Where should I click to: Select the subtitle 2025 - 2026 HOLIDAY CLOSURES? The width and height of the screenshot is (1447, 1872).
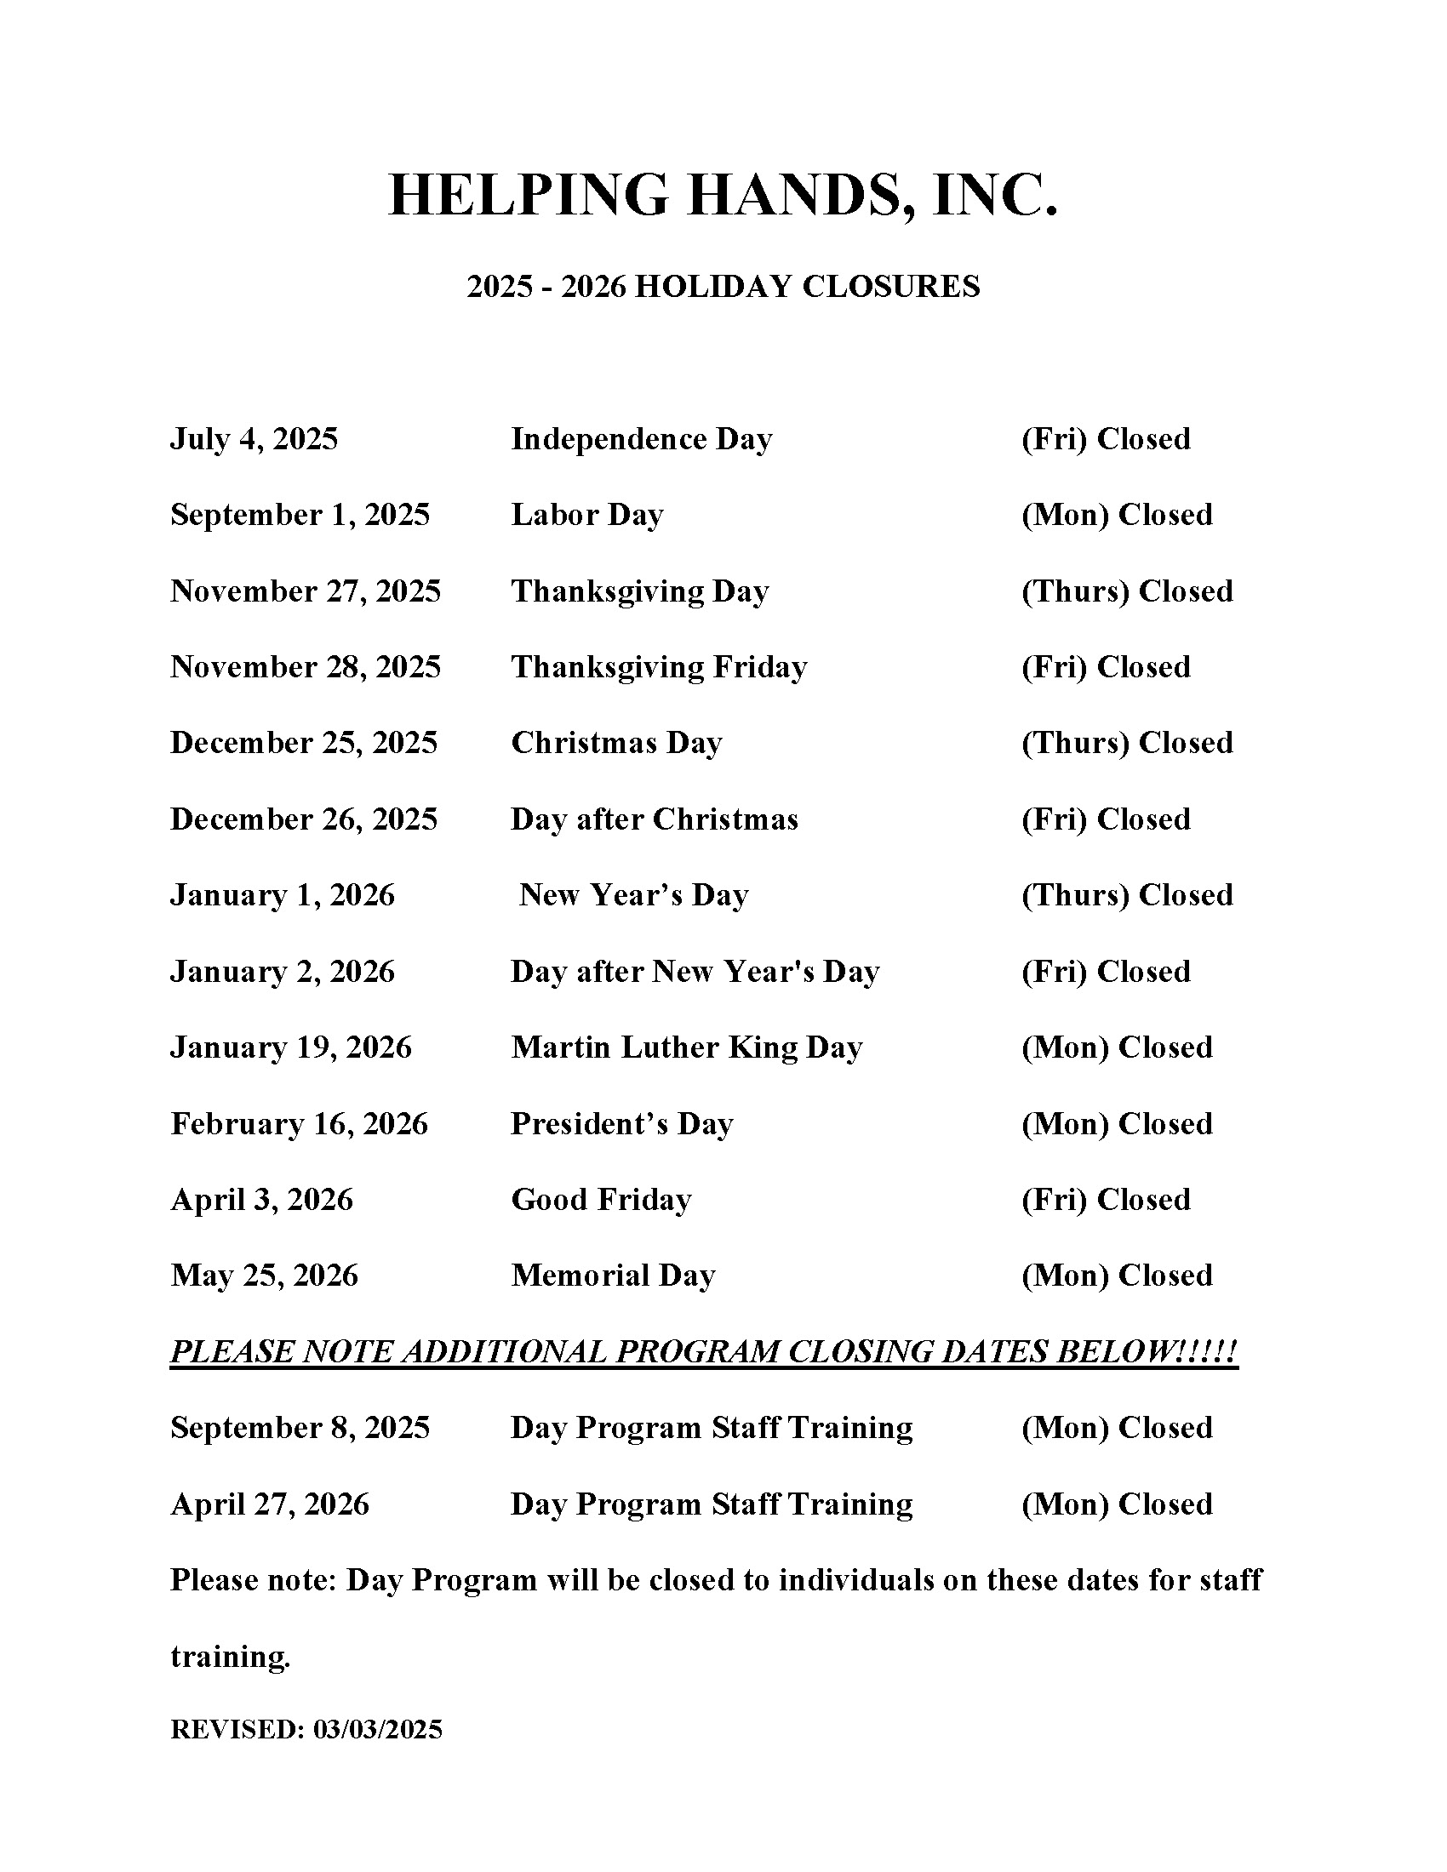pos(723,286)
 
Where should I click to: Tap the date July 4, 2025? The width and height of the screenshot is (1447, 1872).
pos(254,439)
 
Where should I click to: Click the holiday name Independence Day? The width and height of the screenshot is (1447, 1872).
pos(641,439)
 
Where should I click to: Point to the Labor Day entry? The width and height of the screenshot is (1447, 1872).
pos(587,515)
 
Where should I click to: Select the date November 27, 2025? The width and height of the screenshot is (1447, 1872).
pos(306,591)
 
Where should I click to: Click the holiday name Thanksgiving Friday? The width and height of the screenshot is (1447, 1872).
pos(658,667)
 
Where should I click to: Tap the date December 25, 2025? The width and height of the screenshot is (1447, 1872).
pos(304,743)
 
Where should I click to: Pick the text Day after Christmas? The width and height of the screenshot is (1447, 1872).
pos(654,819)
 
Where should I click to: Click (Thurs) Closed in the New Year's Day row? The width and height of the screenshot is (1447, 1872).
pos(1126,895)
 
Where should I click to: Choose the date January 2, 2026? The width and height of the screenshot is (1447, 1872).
pos(282,971)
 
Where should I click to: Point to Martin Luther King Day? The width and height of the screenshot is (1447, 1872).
pos(687,1047)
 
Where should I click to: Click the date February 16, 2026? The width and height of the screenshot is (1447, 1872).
pos(299,1124)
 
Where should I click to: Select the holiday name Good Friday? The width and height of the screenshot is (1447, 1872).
pos(601,1200)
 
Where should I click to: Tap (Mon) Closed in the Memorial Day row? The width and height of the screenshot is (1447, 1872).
pos(1116,1276)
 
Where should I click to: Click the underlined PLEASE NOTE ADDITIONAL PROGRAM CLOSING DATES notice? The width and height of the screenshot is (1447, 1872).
pos(703,1352)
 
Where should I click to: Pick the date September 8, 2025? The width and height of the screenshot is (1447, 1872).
pos(300,1428)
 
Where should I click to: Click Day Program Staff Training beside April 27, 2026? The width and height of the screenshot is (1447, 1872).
pos(712,1504)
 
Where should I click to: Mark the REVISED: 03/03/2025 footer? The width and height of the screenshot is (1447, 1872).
pos(306,1730)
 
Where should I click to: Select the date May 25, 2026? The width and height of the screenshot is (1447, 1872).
pos(264,1276)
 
